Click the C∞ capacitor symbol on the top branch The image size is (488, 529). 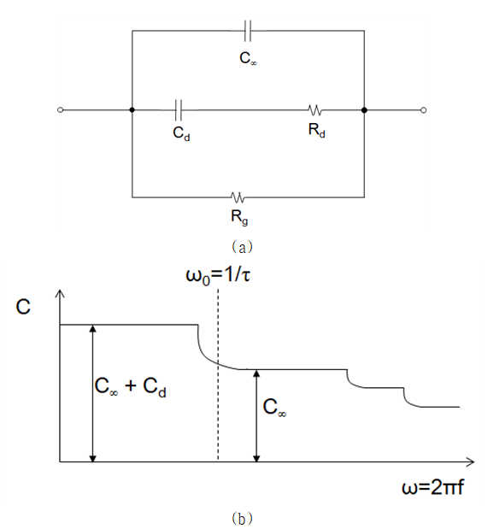(248, 31)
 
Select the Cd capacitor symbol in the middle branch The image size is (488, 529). (179, 110)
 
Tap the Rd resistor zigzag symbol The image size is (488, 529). (315, 110)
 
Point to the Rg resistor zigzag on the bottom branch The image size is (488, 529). (238, 197)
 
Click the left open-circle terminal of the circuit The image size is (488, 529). (61, 110)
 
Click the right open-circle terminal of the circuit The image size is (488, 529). (424, 110)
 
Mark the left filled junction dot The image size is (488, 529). (132, 110)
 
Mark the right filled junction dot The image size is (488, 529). (364, 110)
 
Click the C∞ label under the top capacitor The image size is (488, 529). (248, 58)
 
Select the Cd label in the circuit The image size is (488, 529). (181, 133)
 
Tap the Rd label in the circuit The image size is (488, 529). (316, 130)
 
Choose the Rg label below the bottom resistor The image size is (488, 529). (239, 217)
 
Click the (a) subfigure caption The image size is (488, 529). (242, 247)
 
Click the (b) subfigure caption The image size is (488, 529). (242, 518)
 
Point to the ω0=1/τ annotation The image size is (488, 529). (218, 276)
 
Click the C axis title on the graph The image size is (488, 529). (23, 307)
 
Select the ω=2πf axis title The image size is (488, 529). (432, 487)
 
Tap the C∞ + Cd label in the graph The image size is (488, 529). (130, 386)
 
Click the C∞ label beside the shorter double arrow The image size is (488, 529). (274, 407)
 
